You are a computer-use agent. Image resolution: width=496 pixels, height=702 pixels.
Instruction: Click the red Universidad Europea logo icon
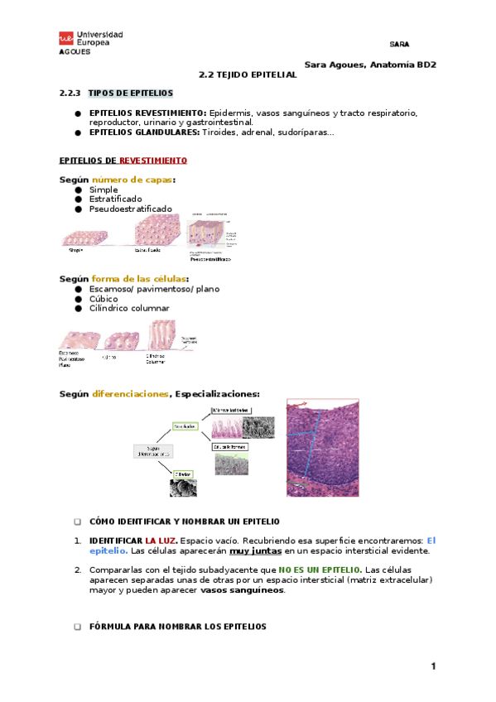tap(65, 39)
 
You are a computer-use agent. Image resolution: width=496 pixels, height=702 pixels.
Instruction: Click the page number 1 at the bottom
tap(432, 667)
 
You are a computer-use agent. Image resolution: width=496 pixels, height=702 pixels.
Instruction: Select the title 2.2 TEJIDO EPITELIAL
tap(248, 75)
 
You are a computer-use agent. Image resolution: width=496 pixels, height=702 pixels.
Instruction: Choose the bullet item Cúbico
tap(104, 299)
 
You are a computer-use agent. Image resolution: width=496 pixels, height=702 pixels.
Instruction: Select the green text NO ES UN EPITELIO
tap(319, 570)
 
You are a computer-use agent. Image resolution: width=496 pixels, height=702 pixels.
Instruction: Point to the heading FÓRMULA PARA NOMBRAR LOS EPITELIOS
tap(177, 627)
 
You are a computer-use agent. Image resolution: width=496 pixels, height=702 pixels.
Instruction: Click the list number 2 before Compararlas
tap(77, 570)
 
